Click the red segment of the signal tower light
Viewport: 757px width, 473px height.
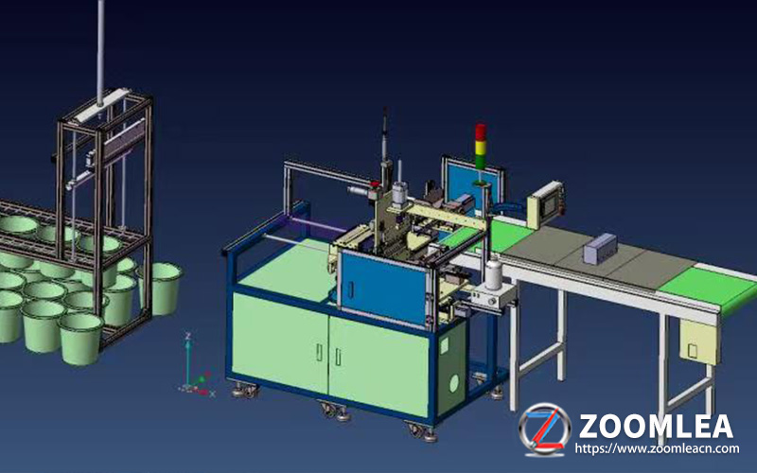(481, 131)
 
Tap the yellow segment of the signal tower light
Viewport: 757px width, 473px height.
(481, 147)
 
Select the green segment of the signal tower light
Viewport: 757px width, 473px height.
(481, 161)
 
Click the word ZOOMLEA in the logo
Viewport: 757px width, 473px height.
(656, 427)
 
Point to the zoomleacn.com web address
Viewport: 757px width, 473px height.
(657, 448)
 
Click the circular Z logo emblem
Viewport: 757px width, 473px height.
(545, 429)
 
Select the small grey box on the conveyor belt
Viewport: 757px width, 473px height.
(600, 248)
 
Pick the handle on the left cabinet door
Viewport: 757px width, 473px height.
(319, 351)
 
